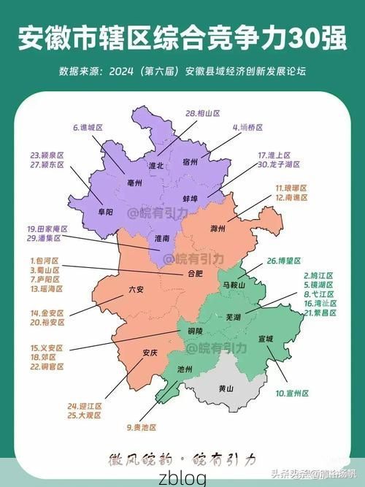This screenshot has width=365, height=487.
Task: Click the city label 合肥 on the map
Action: (195, 274)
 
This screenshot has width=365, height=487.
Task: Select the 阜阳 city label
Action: (104, 212)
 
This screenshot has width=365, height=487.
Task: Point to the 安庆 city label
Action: (150, 353)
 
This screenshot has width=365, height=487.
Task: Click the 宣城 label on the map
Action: (265, 339)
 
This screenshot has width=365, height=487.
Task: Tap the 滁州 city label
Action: (218, 229)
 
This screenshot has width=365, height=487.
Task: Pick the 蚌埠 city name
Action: (191, 199)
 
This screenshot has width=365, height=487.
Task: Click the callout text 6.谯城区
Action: (88, 127)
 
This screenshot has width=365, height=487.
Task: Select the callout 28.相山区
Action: (203, 113)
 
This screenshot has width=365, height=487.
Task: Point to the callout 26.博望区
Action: (283, 261)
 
